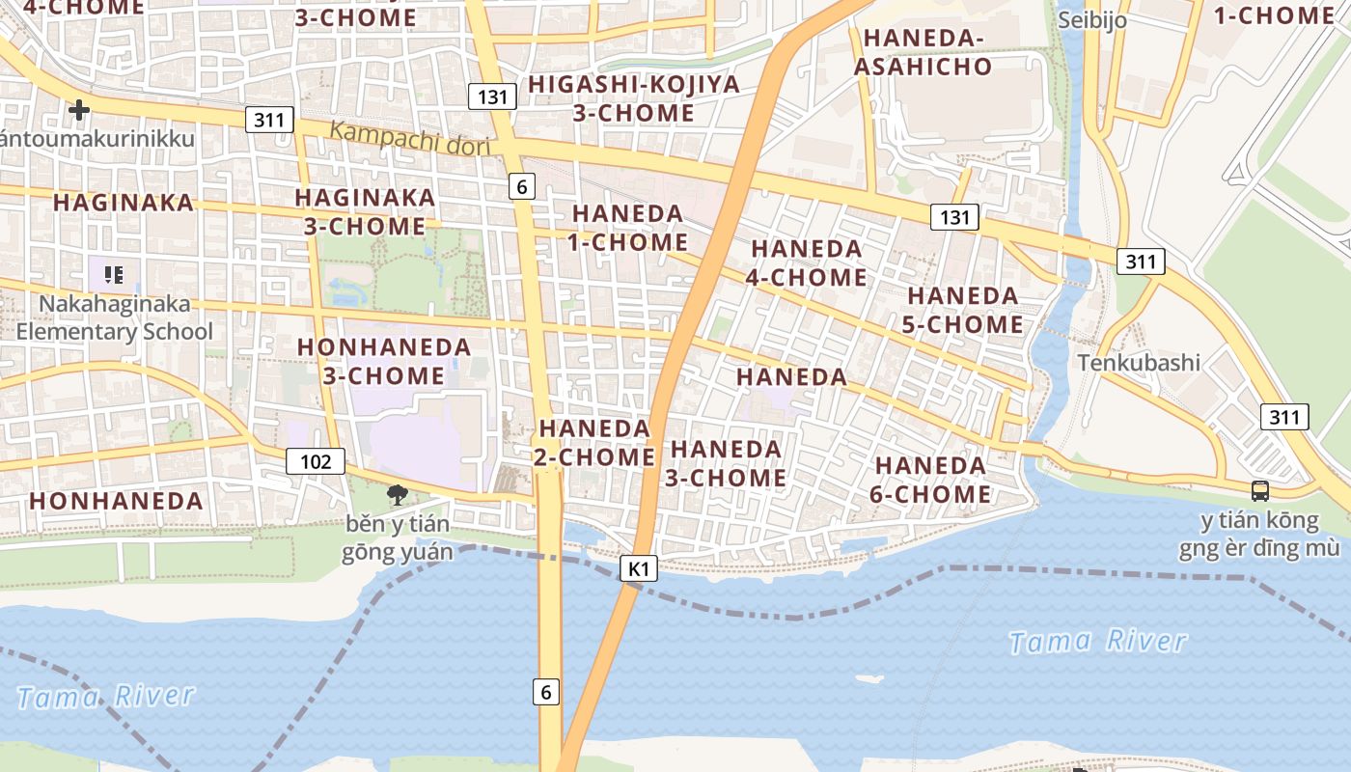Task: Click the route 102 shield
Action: (316, 461)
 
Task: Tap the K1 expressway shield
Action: (639, 568)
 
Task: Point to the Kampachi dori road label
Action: (409, 137)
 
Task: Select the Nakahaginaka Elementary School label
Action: (115, 317)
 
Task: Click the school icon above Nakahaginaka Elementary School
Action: (115, 275)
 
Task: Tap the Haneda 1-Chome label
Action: (627, 228)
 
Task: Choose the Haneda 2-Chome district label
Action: (595, 442)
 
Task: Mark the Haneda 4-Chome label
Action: (808, 262)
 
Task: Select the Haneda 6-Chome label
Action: (932, 480)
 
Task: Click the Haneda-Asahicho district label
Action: (923, 52)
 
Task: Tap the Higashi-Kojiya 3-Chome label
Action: (634, 98)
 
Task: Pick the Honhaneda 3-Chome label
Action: (384, 361)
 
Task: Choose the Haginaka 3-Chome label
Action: (365, 211)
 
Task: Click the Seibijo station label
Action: (1091, 20)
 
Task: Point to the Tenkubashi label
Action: (1139, 363)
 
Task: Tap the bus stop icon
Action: (1259, 490)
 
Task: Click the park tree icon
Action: (396, 496)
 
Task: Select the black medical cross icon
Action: (79, 110)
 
